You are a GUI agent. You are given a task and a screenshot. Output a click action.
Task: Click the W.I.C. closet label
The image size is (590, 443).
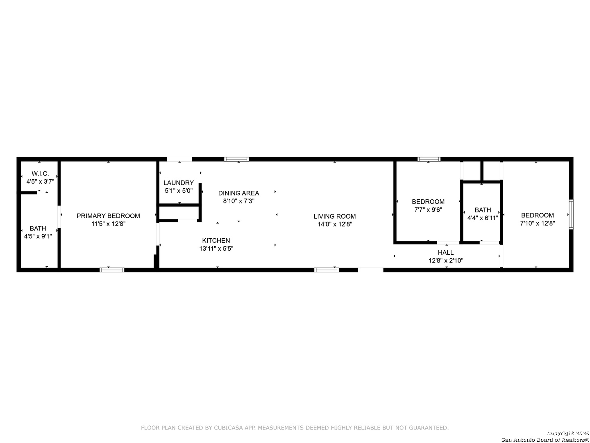point(40,174)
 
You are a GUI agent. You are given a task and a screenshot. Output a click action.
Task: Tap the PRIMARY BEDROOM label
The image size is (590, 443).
point(108,216)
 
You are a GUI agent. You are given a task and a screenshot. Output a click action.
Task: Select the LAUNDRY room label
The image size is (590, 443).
point(179,183)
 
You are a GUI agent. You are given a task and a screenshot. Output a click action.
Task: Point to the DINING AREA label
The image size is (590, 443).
point(238,193)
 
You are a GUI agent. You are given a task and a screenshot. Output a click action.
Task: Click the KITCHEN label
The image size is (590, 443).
point(216,240)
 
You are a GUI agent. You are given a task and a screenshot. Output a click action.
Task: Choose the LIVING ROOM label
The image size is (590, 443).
point(335,216)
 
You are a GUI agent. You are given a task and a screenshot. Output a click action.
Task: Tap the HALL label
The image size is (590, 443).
point(446,252)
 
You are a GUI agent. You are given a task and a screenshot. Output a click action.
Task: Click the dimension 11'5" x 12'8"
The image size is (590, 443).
point(108,224)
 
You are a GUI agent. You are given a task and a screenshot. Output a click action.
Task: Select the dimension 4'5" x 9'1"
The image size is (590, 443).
point(38,236)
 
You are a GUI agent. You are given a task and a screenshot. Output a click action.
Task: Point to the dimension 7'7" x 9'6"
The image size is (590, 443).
point(428,210)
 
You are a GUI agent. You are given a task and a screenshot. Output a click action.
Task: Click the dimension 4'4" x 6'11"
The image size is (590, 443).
point(483,218)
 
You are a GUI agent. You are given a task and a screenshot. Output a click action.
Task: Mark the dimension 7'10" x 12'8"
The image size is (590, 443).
point(538,223)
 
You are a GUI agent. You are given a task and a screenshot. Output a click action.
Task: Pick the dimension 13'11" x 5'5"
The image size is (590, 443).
point(216,249)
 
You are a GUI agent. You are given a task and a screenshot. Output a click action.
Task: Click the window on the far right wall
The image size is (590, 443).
point(571,215)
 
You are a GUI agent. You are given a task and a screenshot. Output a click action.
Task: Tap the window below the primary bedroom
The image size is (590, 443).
point(112,270)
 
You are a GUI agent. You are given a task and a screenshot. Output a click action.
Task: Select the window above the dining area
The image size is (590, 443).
point(236,159)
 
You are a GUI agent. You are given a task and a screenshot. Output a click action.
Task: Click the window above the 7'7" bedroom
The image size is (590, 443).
point(429,159)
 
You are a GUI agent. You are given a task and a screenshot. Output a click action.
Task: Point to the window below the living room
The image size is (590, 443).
point(327,270)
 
